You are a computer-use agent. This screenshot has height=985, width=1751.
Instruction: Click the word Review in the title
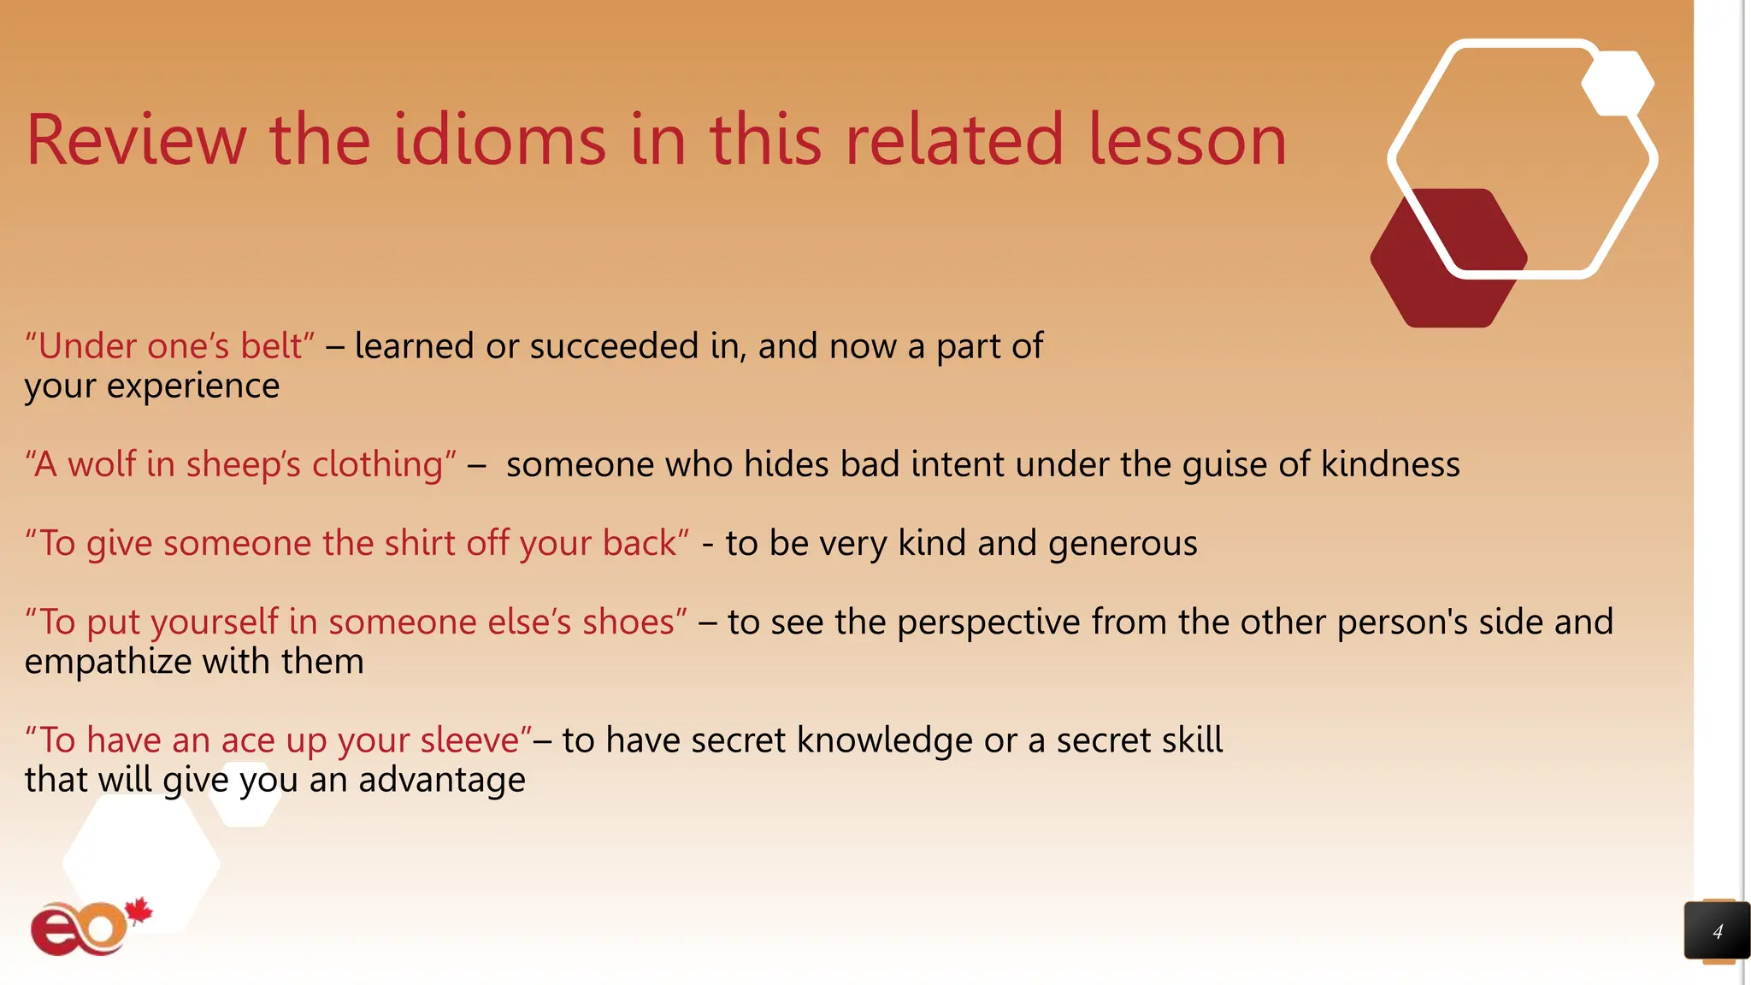click(x=136, y=140)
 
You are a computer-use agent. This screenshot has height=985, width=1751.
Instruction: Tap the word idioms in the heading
click(x=499, y=140)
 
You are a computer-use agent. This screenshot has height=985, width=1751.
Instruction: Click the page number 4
click(x=1717, y=932)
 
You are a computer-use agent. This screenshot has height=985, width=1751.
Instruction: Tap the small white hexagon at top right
click(x=1617, y=83)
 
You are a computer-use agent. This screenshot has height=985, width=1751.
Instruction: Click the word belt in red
click(x=270, y=346)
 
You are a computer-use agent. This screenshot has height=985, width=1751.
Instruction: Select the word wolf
click(x=102, y=464)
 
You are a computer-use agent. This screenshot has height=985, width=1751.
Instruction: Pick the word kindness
click(x=1390, y=464)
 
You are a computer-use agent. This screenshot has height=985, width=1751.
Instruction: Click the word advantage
click(x=441, y=780)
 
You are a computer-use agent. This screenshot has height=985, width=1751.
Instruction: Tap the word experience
click(x=192, y=386)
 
